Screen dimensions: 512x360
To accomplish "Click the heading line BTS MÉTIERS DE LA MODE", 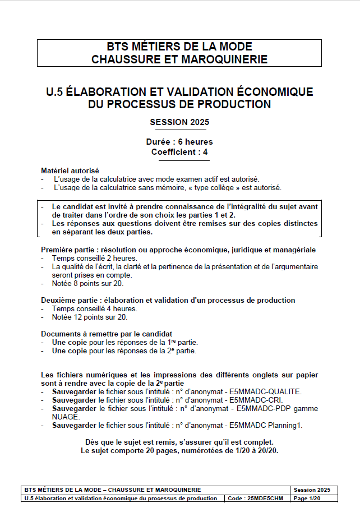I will [x=179, y=47].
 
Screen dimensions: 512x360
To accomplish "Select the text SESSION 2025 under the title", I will [x=179, y=122].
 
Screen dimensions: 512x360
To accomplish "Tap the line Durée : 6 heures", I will [x=179, y=142].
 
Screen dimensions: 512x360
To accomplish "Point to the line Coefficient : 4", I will [x=179, y=152].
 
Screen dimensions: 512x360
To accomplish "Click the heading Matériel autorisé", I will [x=70, y=170].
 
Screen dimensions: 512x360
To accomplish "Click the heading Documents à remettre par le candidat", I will [x=107, y=334].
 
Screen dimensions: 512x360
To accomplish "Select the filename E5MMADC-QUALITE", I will [x=265, y=391].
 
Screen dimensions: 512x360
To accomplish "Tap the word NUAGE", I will [x=66, y=417].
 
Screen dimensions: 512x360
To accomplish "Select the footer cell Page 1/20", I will [x=307, y=499].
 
